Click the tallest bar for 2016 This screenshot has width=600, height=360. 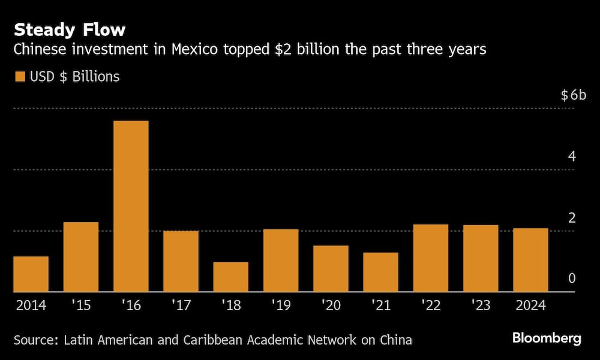[131, 206]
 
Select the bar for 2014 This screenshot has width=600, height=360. [31, 274]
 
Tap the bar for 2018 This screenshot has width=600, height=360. [230, 277]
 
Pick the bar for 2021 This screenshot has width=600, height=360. [380, 272]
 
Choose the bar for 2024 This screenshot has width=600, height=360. [530, 260]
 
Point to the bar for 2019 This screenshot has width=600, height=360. [281, 260]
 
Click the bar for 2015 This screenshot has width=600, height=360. [81, 257]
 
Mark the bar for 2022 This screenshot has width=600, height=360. [431, 258]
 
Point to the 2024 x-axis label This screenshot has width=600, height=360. [530, 305]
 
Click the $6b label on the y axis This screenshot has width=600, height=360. [574, 95]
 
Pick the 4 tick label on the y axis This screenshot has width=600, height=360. [572, 157]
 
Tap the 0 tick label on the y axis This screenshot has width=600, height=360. [572, 278]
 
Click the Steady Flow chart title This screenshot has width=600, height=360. [70, 29]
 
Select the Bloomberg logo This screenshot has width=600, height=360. [546, 338]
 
